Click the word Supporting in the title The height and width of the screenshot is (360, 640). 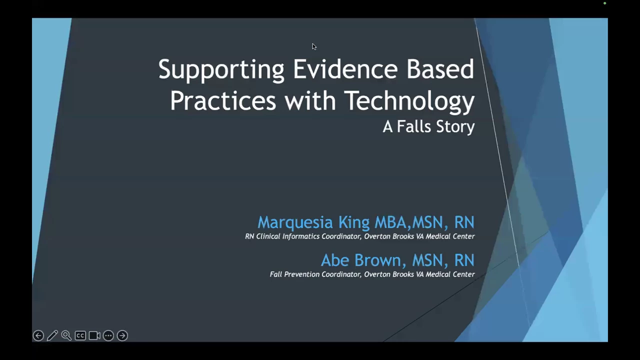[221, 69]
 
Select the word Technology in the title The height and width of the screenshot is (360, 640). [409, 101]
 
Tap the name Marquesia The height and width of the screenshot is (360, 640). [295, 222]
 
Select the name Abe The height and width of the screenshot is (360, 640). [335, 260]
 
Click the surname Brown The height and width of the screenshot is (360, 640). [380, 260]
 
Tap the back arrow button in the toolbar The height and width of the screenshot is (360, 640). [38, 335]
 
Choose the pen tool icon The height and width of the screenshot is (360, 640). [52, 335]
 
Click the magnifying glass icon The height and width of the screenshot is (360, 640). [66, 335]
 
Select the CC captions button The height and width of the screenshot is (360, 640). [80, 335]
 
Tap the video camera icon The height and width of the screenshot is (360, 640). [94, 335]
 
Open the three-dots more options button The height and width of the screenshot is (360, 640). [108, 335]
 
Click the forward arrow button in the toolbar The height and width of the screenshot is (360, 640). [122, 335]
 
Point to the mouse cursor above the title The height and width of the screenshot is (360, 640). [314, 47]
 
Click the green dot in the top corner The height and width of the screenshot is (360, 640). [605, 3]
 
